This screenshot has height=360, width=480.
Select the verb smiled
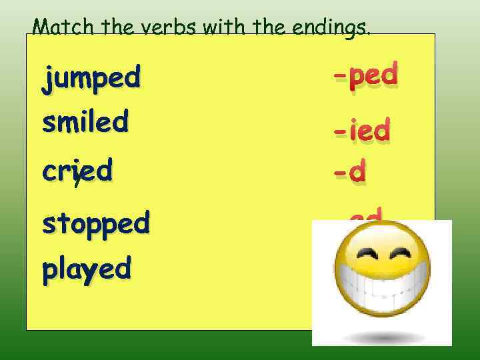[85, 122]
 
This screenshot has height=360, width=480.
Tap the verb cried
[77, 171]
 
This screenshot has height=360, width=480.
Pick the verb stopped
[95, 223]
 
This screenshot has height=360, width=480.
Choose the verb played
[86, 269]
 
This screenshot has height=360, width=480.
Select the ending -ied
[361, 131]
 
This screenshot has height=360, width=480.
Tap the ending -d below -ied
[349, 173]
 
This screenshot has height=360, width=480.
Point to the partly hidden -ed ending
[365, 214]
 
